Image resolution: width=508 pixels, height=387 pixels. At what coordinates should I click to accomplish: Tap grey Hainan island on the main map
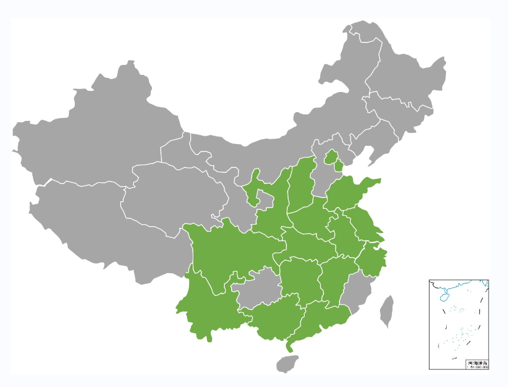(x=288, y=363)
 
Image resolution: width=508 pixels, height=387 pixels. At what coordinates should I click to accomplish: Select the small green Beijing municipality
(x=331, y=157)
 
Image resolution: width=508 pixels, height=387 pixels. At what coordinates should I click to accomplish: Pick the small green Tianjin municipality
(x=338, y=166)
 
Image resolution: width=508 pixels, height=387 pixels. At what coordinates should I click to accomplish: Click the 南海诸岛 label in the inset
(x=477, y=363)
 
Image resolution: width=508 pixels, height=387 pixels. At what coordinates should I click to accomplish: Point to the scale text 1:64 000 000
(x=477, y=367)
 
